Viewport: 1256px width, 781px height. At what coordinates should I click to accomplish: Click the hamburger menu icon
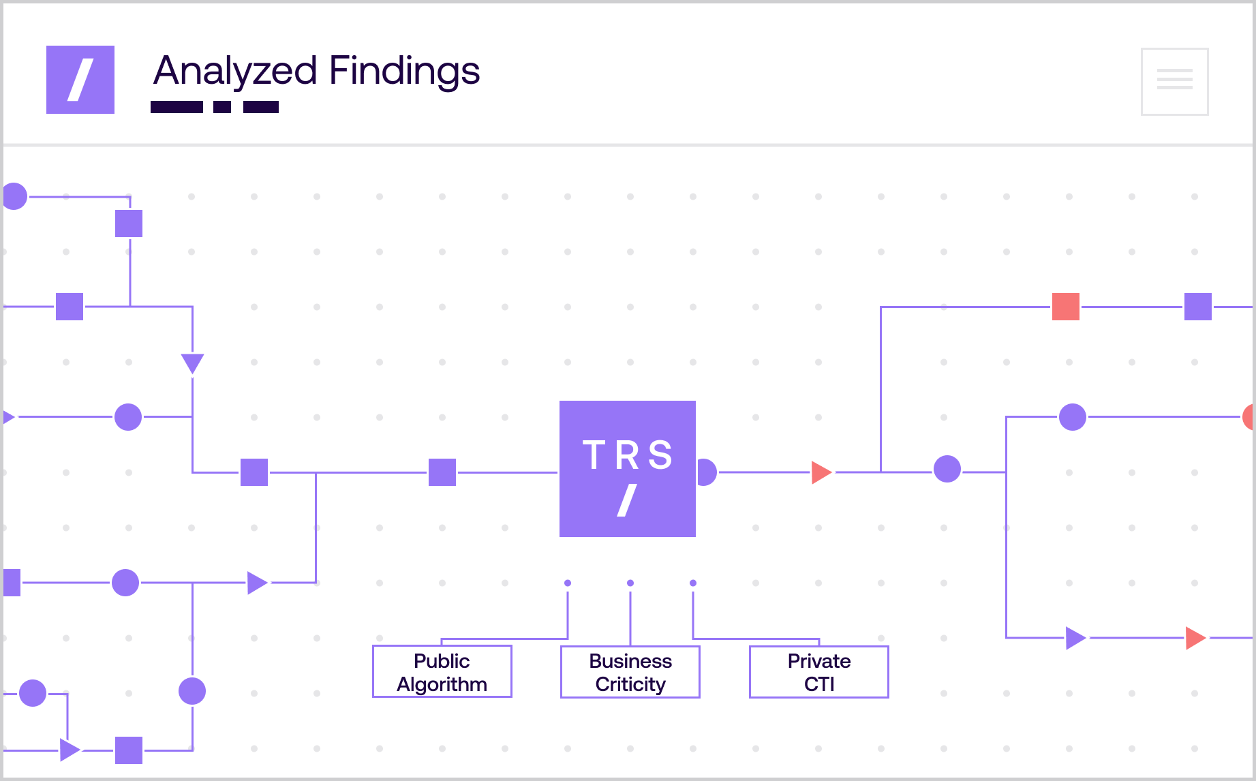pyautogui.click(x=1174, y=81)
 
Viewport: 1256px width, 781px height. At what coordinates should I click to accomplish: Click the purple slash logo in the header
pyautogui.click(x=80, y=80)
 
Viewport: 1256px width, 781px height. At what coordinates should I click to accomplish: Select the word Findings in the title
pyautogui.click(x=404, y=72)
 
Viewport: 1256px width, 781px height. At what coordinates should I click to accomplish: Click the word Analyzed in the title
pyautogui.click(x=236, y=72)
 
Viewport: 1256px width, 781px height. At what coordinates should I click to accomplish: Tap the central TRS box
pyautogui.click(x=627, y=469)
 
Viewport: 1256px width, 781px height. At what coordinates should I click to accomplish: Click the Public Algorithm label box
pyautogui.click(x=442, y=672)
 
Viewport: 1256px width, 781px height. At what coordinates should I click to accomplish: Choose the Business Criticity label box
pyautogui.click(x=630, y=672)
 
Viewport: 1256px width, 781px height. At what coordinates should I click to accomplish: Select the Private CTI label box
pyautogui.click(x=818, y=672)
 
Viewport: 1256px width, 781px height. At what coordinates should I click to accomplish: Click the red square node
pyautogui.click(x=1065, y=307)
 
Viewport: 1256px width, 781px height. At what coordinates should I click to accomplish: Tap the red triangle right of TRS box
pyautogui.click(x=821, y=472)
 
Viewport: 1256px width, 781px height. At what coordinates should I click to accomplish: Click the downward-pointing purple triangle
pyautogui.click(x=192, y=362)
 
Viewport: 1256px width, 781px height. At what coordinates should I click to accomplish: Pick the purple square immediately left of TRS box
pyautogui.click(x=442, y=472)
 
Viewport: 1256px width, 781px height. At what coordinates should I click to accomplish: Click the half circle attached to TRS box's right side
pyautogui.click(x=708, y=472)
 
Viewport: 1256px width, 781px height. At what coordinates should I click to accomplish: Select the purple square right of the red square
pyautogui.click(x=1197, y=307)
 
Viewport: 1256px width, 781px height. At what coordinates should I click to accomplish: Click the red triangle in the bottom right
pyautogui.click(x=1194, y=638)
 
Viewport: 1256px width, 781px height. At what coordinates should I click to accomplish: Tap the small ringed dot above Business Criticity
pyautogui.click(x=630, y=583)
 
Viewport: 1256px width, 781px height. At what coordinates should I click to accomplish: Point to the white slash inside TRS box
pyautogui.click(x=627, y=500)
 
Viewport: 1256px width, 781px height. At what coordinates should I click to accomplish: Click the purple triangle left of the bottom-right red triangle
pyautogui.click(x=1075, y=638)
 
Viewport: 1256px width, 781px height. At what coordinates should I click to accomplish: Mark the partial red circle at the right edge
pyautogui.click(x=1249, y=417)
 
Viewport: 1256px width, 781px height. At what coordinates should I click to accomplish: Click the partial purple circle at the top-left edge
pyautogui.click(x=15, y=196)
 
